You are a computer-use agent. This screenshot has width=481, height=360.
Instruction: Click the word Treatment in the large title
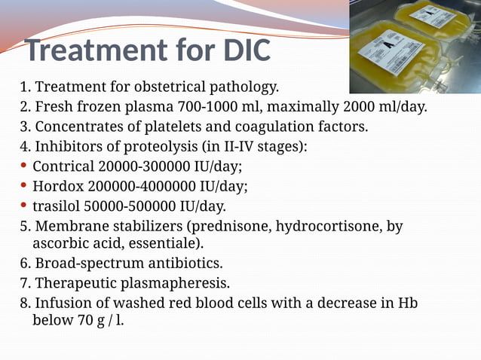click(94, 51)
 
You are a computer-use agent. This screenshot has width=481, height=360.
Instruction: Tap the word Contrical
click(63, 166)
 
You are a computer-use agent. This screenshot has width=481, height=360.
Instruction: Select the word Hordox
click(58, 186)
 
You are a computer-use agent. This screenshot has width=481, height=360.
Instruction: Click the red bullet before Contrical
click(25, 166)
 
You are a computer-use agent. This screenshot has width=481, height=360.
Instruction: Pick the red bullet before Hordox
click(25, 185)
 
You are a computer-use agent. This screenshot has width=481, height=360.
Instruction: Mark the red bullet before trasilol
click(25, 205)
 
